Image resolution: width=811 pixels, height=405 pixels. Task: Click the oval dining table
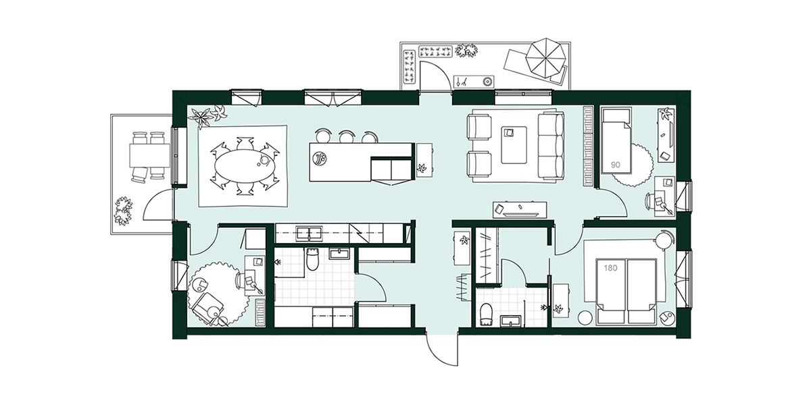[245, 166]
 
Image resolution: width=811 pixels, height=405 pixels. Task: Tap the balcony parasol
[545, 57]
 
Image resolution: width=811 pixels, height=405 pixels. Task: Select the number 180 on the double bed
[610, 269]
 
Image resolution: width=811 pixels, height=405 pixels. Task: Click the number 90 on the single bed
[616, 165]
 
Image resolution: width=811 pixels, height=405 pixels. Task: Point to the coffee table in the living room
[514, 144]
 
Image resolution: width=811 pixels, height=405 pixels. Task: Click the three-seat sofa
[551, 146]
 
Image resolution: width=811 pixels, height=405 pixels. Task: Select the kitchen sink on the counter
[309, 234]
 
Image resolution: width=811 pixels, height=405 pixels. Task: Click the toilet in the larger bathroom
[312, 259]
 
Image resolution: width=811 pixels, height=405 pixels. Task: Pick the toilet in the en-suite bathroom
[485, 313]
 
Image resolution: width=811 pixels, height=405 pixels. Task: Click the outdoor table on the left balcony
[149, 155]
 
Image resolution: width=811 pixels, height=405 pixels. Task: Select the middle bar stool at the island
[346, 136]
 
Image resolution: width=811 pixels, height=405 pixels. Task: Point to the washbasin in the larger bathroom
[339, 253]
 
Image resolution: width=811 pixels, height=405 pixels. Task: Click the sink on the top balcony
[474, 82]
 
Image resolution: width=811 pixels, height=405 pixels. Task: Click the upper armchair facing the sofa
[479, 126]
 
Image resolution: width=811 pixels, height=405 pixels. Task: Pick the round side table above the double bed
[665, 240]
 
